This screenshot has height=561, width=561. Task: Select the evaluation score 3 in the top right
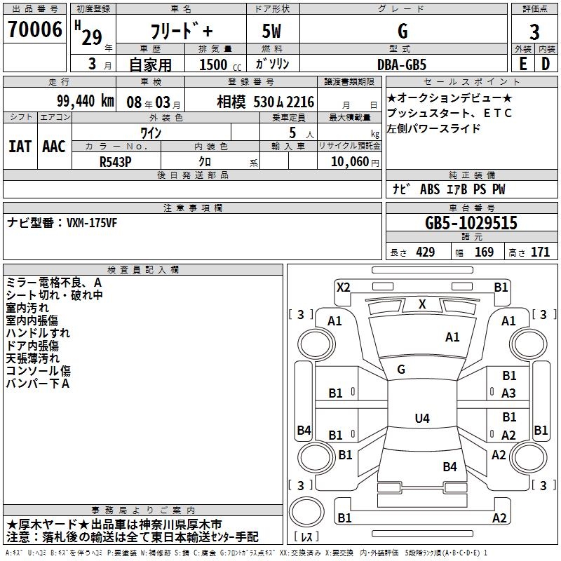coord(534,32)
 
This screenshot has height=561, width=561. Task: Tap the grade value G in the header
coord(402,31)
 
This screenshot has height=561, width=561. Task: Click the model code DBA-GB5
coord(402,65)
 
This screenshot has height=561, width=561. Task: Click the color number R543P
coord(116,161)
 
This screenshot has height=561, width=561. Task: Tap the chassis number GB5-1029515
coord(471,223)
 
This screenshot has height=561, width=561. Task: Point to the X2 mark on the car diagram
coord(343,287)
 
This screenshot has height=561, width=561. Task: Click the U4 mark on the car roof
coord(421,419)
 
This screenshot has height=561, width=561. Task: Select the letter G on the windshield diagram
coord(401,369)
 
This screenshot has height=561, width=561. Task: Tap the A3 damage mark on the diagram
coord(509,393)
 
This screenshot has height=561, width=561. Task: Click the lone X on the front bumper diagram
coord(421,304)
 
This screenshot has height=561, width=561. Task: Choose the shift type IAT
coord(20,147)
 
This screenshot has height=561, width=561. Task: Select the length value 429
coord(425,252)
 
